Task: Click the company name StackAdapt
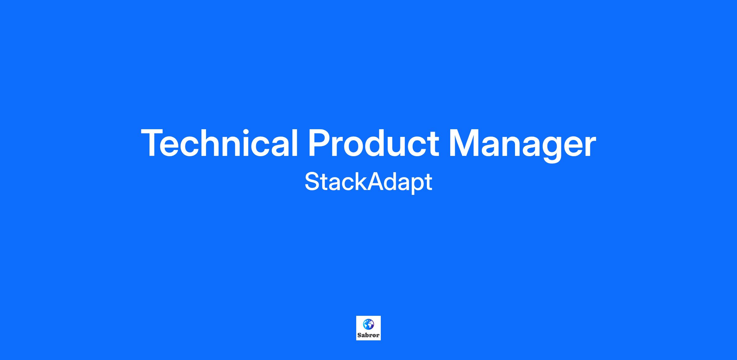pos(368,182)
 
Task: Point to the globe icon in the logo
pos(368,324)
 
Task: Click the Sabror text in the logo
pos(368,335)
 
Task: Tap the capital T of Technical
pos(153,143)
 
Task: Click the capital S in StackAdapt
pos(313,182)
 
